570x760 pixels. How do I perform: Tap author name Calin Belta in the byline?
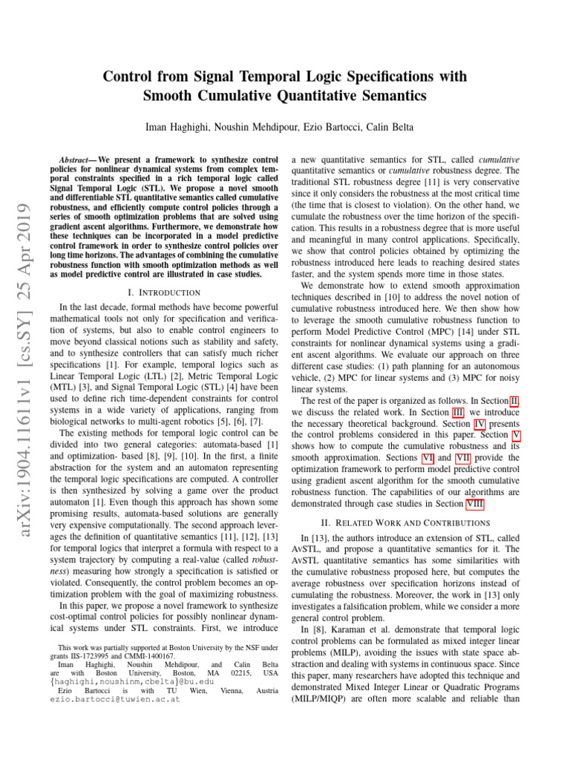coord(373,127)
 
